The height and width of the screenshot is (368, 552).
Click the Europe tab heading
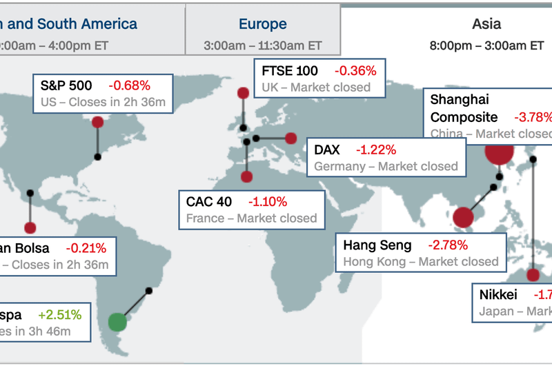pyautogui.click(x=262, y=24)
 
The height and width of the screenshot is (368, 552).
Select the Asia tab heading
pyautogui.click(x=486, y=24)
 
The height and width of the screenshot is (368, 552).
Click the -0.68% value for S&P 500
pyautogui.click(x=129, y=86)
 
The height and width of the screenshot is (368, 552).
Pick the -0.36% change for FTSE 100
pyautogui.click(x=355, y=70)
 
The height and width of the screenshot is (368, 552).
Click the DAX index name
pyautogui.click(x=328, y=150)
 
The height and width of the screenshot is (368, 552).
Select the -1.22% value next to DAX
pyautogui.click(x=377, y=150)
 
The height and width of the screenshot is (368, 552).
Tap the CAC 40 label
pyautogui.click(x=209, y=202)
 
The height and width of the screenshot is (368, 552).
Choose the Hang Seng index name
pyautogui.click(x=377, y=245)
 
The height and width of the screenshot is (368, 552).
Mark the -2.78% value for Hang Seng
pyautogui.click(x=448, y=245)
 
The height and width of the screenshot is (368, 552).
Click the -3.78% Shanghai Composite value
pyautogui.click(x=533, y=117)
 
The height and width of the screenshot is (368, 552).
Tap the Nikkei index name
pyautogui.click(x=498, y=295)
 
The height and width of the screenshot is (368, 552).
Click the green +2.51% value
pyautogui.click(x=60, y=315)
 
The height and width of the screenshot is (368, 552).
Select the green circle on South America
pyautogui.click(x=118, y=321)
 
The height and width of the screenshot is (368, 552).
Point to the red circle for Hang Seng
pyautogui.click(x=464, y=218)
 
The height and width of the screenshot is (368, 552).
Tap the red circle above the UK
pyautogui.click(x=243, y=93)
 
